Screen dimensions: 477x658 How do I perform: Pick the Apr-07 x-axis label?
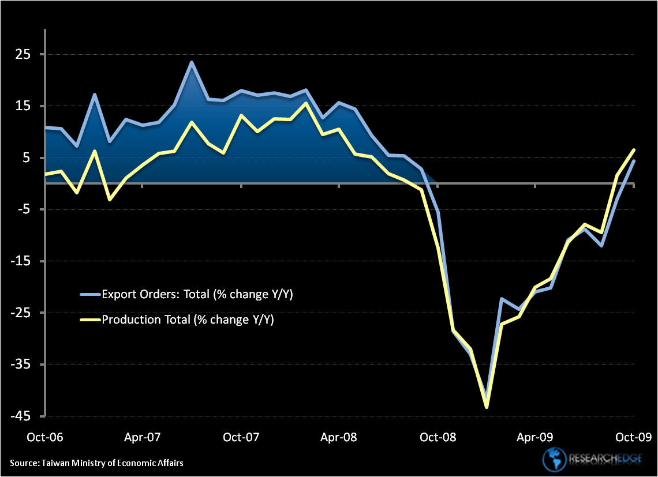coord(143,437)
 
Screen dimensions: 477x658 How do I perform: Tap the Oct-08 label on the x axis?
coord(438,437)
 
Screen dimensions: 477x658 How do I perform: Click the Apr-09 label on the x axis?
coord(536,437)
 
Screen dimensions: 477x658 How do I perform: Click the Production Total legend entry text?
coord(188,319)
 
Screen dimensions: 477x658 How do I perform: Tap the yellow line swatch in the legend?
coord(90,319)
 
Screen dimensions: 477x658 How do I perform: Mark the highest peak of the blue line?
coord(192,62)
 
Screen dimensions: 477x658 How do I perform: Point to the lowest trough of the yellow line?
coord(487,407)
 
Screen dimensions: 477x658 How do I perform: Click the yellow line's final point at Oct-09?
coord(634,150)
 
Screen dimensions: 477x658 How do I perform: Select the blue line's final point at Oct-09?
coord(634,161)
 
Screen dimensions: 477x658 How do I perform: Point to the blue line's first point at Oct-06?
coord(46,127)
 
